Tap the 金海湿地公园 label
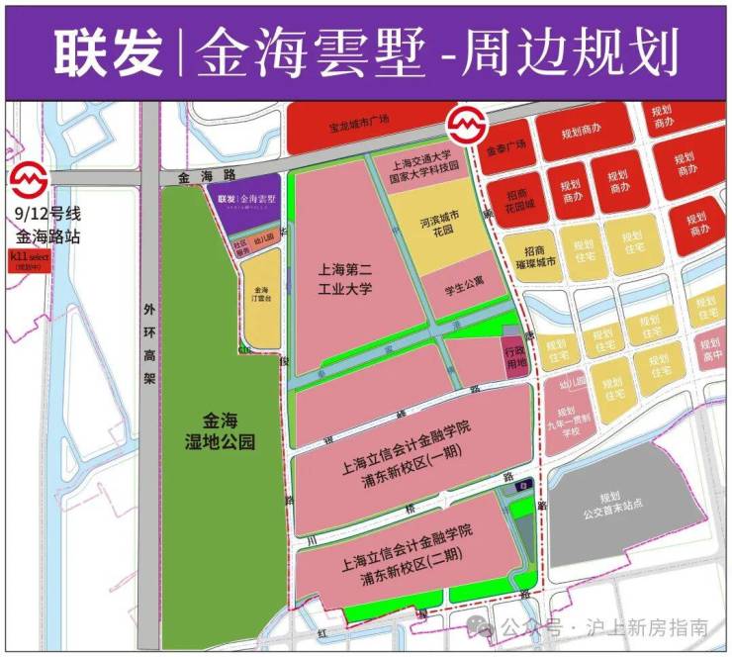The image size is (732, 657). point(223,430)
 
